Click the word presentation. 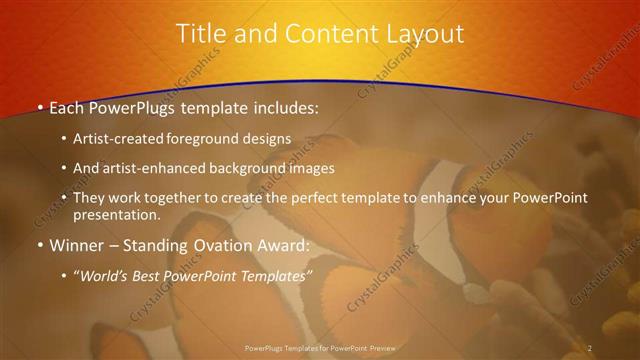(x=116, y=214)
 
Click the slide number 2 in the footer (x=590, y=347)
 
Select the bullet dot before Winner (x=39, y=246)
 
